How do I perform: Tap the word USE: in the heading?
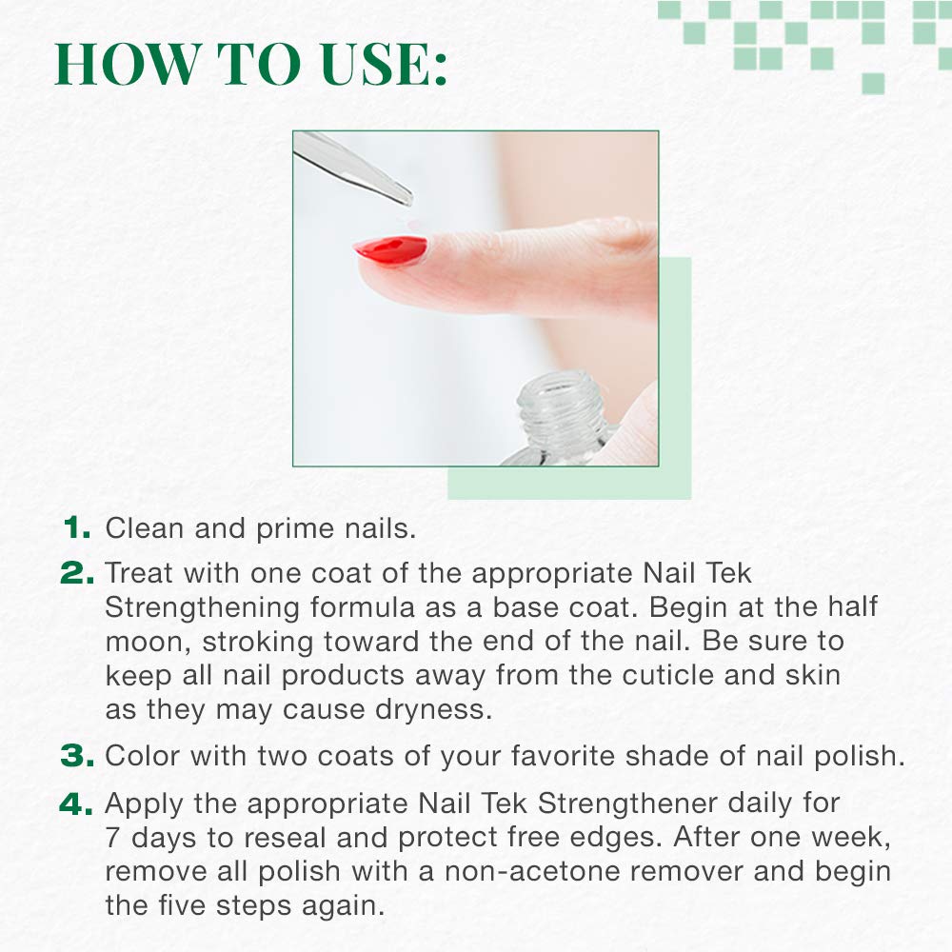(x=385, y=64)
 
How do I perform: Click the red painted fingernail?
(x=391, y=250)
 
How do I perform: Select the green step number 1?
(x=77, y=527)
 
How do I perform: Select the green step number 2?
(x=77, y=572)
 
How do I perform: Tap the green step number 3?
(x=77, y=756)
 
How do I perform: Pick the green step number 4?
(x=76, y=803)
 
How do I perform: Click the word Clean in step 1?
(x=145, y=528)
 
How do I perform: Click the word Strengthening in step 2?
(x=202, y=608)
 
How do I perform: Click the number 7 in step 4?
(x=112, y=838)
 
